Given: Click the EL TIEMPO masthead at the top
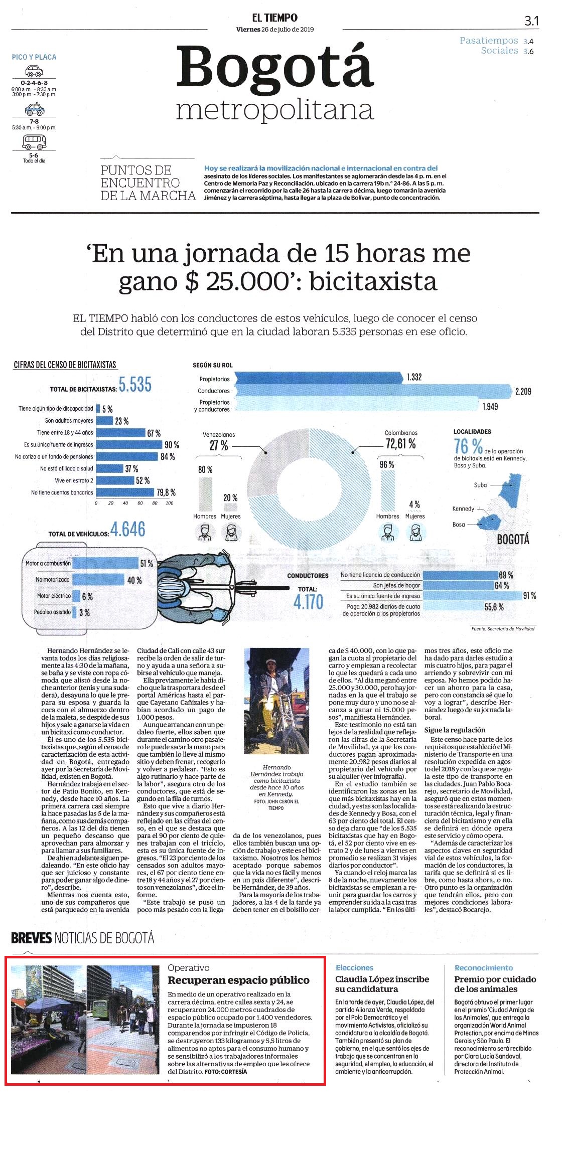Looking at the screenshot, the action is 274,18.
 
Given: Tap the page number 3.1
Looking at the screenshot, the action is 531,21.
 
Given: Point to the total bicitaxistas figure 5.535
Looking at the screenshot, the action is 135,385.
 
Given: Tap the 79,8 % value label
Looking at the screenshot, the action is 166,492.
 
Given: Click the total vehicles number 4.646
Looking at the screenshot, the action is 128,530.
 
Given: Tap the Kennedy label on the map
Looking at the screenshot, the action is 463,509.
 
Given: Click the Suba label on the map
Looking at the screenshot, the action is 480,485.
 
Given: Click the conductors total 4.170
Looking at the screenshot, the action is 308,602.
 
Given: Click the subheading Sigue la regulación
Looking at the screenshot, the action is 455,730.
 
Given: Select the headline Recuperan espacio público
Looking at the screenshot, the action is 238,980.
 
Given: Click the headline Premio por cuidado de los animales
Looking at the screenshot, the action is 495,984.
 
